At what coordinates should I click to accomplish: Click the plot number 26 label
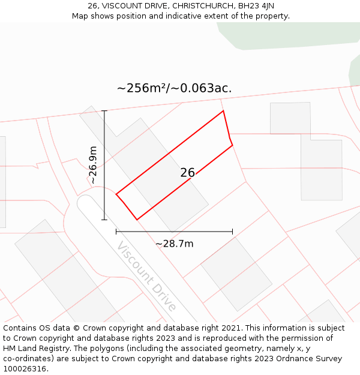tap(188, 173)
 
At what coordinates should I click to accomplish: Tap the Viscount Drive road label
tap(147, 276)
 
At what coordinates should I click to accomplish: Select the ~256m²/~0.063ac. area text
tap(174, 88)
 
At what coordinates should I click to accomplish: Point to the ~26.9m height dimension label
tap(92, 165)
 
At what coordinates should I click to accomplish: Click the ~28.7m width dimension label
tap(174, 244)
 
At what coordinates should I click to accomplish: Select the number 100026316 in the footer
tap(25, 369)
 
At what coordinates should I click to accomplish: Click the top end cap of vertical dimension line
tap(104, 111)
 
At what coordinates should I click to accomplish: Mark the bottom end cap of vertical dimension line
tap(104, 220)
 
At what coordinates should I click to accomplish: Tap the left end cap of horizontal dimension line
tap(116, 232)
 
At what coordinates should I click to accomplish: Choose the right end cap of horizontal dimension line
tap(232, 232)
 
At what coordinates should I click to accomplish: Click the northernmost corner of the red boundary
tap(223, 111)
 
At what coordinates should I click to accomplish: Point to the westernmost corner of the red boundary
tap(116, 194)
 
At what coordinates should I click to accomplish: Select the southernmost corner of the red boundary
tap(137, 220)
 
